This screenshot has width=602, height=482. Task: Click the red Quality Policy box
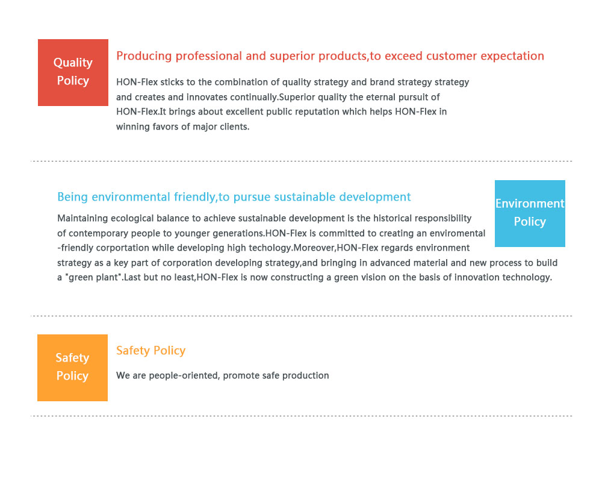(73, 72)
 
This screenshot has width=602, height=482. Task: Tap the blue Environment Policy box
(530, 213)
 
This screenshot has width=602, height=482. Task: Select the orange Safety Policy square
(73, 368)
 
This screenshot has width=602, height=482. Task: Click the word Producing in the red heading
(144, 56)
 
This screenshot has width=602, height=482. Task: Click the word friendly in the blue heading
(194, 197)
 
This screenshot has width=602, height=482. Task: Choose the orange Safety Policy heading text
(151, 351)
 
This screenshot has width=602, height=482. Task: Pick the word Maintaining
(82, 218)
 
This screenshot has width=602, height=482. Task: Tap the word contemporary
(99, 233)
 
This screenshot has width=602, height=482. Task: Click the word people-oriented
(184, 375)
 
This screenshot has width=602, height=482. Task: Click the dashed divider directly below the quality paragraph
(302, 161)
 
